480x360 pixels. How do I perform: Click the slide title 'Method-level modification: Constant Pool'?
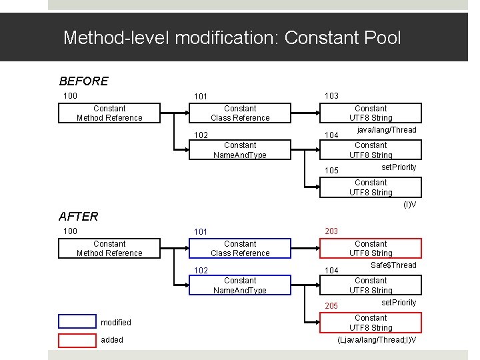pos(232,37)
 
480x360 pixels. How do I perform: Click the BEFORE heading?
pos(83,81)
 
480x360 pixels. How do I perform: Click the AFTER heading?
pos(78,216)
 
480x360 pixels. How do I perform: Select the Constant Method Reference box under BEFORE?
pos(109,113)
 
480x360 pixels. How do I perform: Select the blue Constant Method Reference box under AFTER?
pos(109,249)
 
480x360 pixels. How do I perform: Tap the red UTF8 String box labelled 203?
pos(371,249)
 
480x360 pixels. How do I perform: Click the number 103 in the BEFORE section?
pos(331,96)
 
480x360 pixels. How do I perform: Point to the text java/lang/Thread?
pos(387,130)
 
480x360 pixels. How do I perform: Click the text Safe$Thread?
pos(393,265)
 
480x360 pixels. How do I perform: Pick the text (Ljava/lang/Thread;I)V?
pos(377,340)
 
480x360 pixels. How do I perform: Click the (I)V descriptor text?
pos(409,205)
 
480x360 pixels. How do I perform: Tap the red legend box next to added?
pos(77,340)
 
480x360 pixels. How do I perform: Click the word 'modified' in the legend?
pos(116,323)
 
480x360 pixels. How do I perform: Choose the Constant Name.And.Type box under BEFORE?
pos(240,150)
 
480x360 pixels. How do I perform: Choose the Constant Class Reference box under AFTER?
pos(240,249)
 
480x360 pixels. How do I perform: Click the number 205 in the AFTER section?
pos(331,306)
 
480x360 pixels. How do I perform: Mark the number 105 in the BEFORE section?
pos(331,171)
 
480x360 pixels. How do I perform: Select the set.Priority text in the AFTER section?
pos(399,303)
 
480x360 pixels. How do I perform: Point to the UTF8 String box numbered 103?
pos(371,113)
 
